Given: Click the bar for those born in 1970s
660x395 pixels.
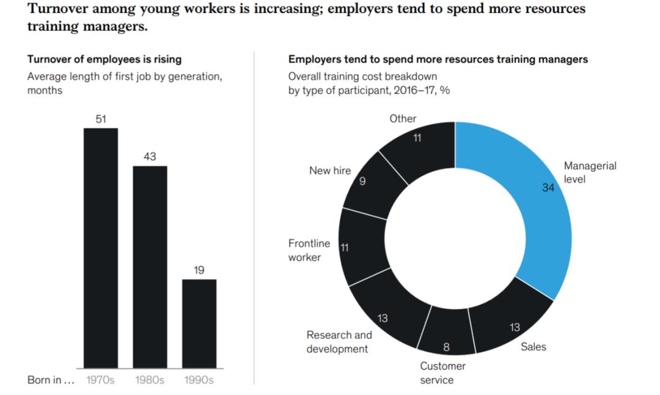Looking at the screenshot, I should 101,248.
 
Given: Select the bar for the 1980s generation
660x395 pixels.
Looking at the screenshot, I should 150,267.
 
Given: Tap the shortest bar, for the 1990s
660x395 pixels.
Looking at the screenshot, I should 199,323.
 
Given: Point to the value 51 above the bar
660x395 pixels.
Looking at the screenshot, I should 101,119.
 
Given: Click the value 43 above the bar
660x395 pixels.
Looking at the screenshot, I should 150,157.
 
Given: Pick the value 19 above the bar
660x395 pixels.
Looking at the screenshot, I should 199,270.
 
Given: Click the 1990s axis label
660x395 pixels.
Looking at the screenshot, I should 199,380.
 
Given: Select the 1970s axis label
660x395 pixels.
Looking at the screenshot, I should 100,380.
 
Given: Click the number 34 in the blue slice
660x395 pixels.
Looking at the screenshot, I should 548,188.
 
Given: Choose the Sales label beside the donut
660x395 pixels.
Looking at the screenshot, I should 533,347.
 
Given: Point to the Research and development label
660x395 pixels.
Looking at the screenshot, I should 339,342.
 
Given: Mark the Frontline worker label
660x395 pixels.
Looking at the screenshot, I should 309,250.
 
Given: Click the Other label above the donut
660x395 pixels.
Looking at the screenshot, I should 403,119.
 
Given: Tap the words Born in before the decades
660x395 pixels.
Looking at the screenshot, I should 51,380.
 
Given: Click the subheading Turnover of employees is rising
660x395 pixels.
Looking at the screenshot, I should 104,59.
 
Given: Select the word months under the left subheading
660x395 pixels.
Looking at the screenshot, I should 45,90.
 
